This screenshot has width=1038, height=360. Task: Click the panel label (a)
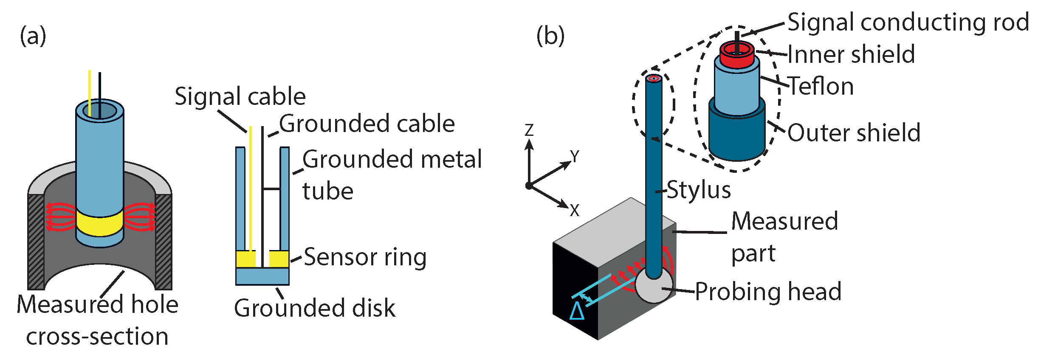33,36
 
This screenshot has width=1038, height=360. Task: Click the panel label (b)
550,36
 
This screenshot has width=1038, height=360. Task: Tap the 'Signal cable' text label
240,96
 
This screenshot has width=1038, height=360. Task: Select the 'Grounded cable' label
367,124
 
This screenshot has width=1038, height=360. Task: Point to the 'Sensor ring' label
365,257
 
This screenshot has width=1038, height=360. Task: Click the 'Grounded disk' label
314,308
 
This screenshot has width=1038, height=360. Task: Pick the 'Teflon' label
821,86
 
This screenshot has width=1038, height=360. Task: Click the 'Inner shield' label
851,54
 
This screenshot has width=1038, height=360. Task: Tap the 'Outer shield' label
854,132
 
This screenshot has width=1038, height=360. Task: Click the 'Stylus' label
699,190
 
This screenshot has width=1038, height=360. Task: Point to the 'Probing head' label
768,292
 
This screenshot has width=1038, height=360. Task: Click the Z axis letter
529,130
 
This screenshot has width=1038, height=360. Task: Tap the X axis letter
574,210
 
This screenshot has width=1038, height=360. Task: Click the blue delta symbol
577,311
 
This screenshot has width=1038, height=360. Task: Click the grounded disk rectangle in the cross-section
262,276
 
